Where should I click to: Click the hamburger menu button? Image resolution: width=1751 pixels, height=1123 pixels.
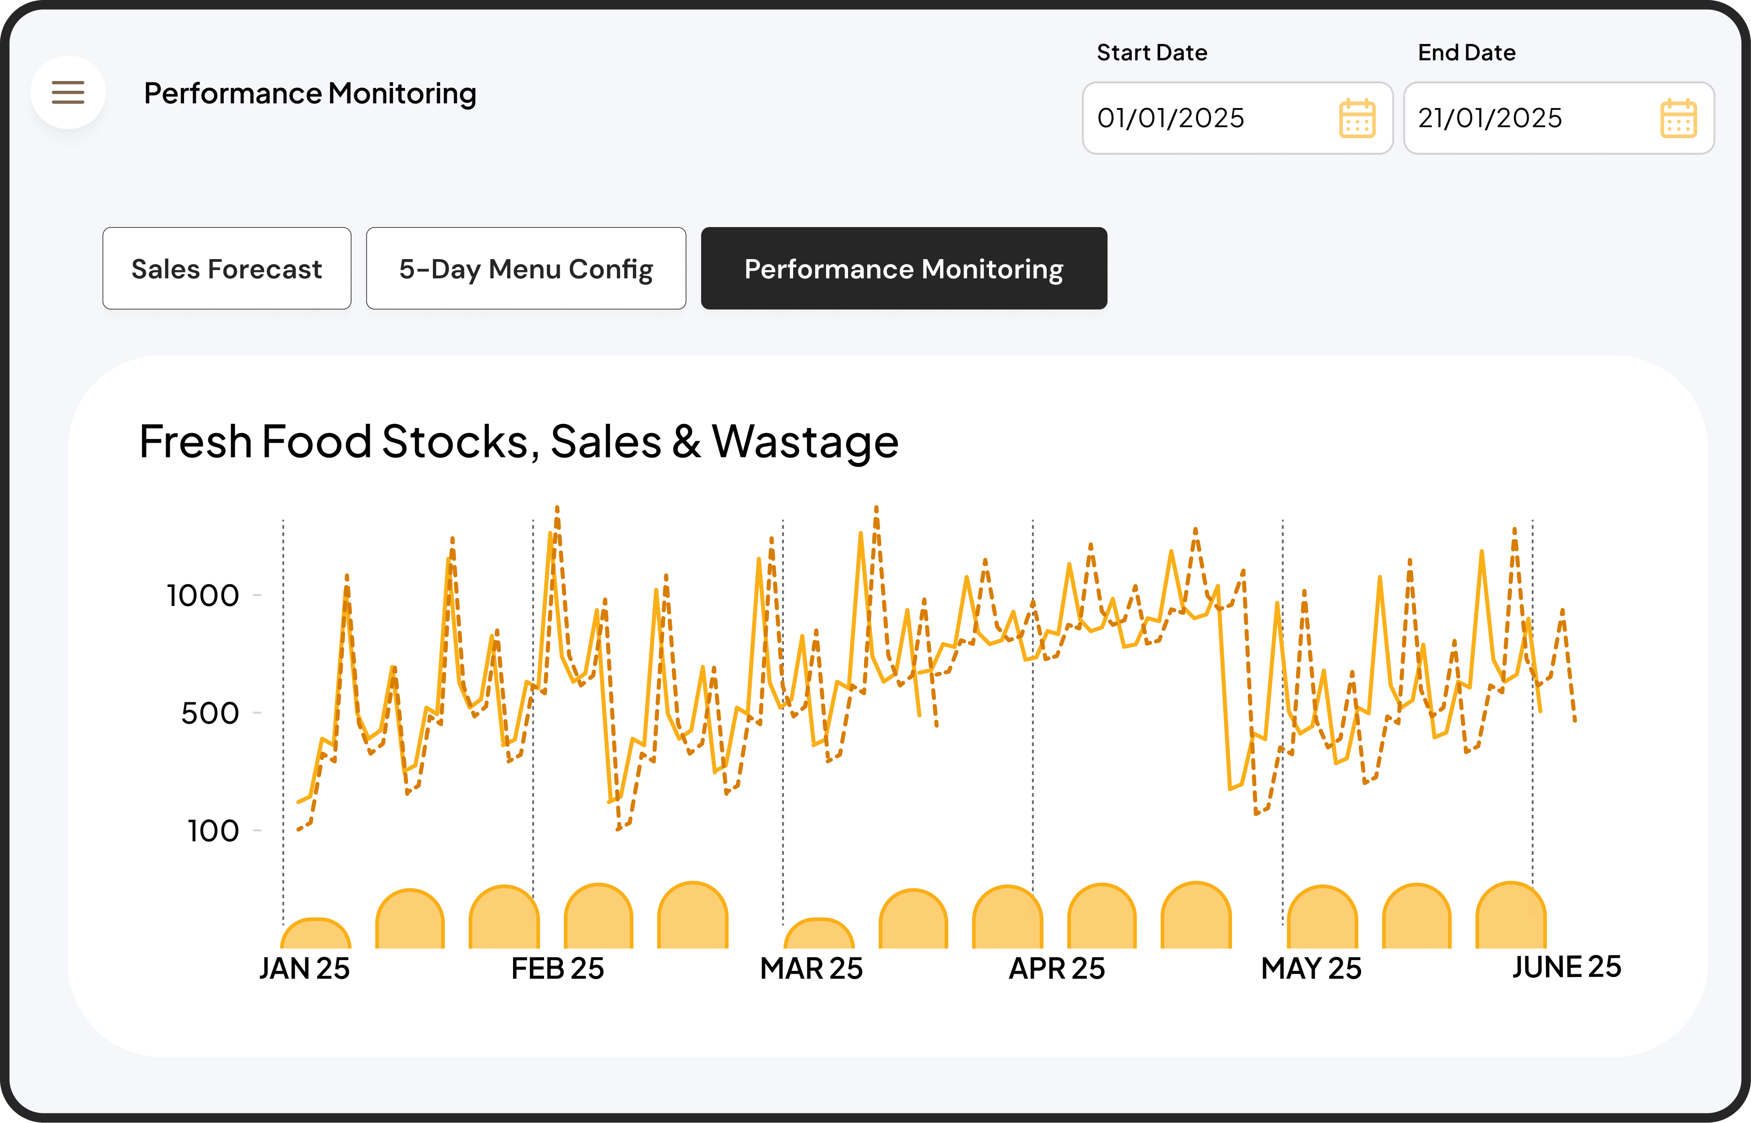pos(68,92)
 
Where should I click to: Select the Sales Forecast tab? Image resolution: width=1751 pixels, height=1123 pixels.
pos(227,268)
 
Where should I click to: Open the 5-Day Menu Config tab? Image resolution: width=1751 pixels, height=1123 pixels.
pos(525,268)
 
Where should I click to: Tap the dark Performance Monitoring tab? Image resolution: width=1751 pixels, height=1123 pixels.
pos(903,268)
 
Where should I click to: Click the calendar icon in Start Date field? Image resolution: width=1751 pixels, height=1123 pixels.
pos(1356,118)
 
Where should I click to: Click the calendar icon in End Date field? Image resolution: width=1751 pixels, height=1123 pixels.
pos(1678,118)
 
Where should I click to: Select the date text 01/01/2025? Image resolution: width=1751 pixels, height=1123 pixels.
pos(1171,118)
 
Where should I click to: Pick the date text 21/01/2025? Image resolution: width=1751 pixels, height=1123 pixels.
pos(1490,118)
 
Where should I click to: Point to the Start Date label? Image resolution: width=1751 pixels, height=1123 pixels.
pos(1152,53)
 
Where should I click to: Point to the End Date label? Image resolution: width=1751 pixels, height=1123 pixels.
pos(1467,53)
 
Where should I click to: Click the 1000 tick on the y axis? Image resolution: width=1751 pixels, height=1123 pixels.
pos(203,596)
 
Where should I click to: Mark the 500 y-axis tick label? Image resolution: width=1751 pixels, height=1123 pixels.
pos(210,713)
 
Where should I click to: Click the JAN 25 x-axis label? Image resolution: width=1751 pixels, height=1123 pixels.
pos(305,968)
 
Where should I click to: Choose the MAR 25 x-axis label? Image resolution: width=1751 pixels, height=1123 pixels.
pos(811,968)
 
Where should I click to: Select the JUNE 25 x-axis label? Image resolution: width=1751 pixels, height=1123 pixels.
pos(1567,967)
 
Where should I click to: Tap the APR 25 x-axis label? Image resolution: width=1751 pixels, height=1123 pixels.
pos(1057,968)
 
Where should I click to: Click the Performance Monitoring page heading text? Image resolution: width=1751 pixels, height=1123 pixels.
pos(310,93)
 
